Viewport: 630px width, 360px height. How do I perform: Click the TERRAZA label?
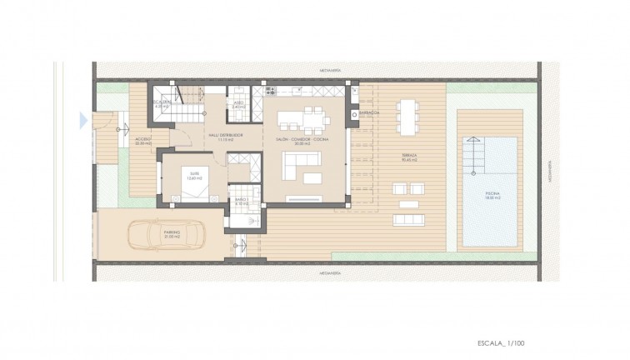[x=407, y=156]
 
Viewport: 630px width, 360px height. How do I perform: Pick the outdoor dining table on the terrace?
[x=407, y=116]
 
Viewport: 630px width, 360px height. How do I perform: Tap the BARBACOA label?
[x=370, y=112]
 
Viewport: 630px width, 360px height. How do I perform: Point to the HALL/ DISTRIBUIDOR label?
[x=224, y=135]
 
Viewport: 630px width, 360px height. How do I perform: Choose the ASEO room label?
[x=237, y=104]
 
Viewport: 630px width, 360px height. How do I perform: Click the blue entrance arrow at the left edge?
[x=82, y=121]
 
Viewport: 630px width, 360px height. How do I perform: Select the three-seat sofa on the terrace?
[x=407, y=218]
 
